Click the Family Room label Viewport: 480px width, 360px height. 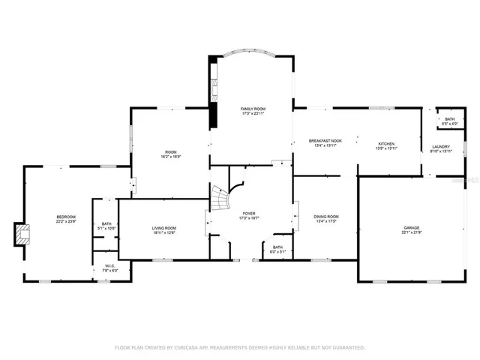(253, 109)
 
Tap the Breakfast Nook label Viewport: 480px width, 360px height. (325, 140)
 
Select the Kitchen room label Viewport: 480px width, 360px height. (386, 143)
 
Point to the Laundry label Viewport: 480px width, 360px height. (440, 146)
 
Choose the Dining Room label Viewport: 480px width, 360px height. (325, 217)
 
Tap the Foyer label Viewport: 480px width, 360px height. (248, 214)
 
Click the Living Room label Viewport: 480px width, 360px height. (164, 228)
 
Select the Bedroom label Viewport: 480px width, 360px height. (66, 217)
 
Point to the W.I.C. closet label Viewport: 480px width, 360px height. (109, 265)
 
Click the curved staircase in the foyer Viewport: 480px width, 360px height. (219, 199)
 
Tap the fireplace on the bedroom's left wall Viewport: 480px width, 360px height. (22, 234)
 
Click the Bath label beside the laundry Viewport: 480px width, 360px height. (449, 119)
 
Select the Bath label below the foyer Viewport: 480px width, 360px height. (277, 247)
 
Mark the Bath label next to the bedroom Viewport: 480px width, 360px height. (106, 223)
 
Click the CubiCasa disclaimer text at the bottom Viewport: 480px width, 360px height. (240, 347)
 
